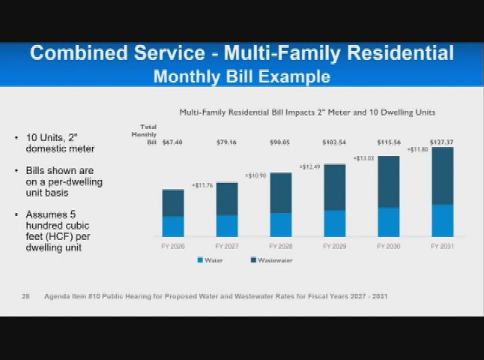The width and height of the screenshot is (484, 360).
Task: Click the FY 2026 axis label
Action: click(x=173, y=246)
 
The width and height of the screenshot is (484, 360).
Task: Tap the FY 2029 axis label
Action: click(x=334, y=246)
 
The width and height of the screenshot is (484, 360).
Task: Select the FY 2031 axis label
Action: click(x=442, y=246)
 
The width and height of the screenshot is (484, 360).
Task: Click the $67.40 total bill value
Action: click(x=172, y=142)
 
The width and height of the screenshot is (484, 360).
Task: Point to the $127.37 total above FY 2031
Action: click(x=441, y=142)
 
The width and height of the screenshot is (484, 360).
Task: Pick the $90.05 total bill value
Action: click(x=280, y=142)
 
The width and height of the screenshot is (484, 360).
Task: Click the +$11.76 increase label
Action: click(x=202, y=185)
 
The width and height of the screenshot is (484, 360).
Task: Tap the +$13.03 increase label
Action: click(x=363, y=158)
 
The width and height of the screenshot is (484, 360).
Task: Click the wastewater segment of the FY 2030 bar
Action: click(x=388, y=181)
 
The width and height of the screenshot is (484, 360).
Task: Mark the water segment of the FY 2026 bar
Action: click(x=173, y=226)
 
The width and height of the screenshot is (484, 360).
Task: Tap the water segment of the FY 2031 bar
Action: click(x=442, y=220)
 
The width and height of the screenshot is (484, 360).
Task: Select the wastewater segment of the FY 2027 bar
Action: click(x=227, y=199)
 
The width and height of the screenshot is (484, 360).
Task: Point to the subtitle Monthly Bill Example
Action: click(x=241, y=76)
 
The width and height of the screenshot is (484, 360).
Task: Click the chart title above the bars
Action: click(x=307, y=112)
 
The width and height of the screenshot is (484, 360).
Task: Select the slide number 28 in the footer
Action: click(x=25, y=296)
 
